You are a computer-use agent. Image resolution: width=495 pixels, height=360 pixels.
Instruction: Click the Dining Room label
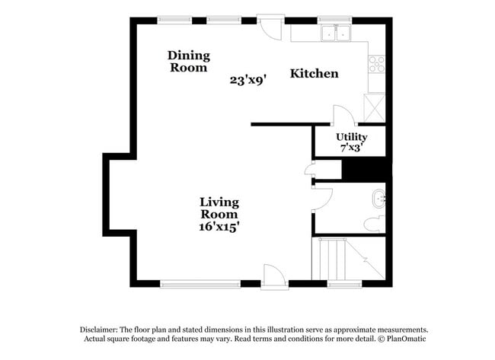(x=188, y=61)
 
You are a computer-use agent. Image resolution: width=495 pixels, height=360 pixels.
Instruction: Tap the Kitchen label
(x=314, y=74)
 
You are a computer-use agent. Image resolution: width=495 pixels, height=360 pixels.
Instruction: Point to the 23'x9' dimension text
(x=247, y=79)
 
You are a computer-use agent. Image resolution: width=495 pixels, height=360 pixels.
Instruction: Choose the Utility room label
(x=352, y=137)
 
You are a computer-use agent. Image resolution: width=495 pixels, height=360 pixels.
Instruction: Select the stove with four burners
(x=377, y=65)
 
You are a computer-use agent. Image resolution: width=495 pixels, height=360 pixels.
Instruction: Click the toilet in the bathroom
(x=372, y=223)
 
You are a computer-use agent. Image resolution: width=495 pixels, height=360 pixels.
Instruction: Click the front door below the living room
(x=273, y=274)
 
